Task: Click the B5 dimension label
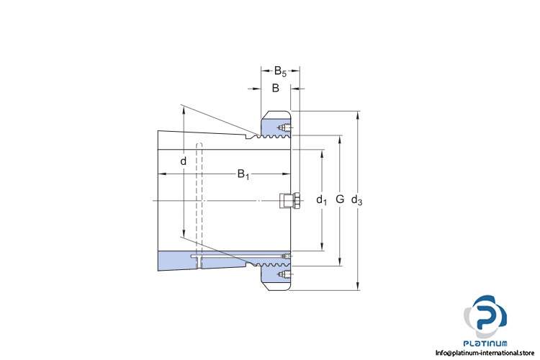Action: coord(280,71)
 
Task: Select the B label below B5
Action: coord(275,89)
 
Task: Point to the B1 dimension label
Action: coord(243,174)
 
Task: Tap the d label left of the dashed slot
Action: coord(183,161)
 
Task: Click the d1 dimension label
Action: coord(321,199)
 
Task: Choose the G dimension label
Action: coord(340,199)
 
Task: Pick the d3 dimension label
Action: coord(356,200)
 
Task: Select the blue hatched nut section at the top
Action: coord(272,130)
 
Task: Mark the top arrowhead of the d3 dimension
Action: coord(358,115)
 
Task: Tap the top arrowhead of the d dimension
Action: coord(183,109)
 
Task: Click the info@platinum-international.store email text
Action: coord(488,353)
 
